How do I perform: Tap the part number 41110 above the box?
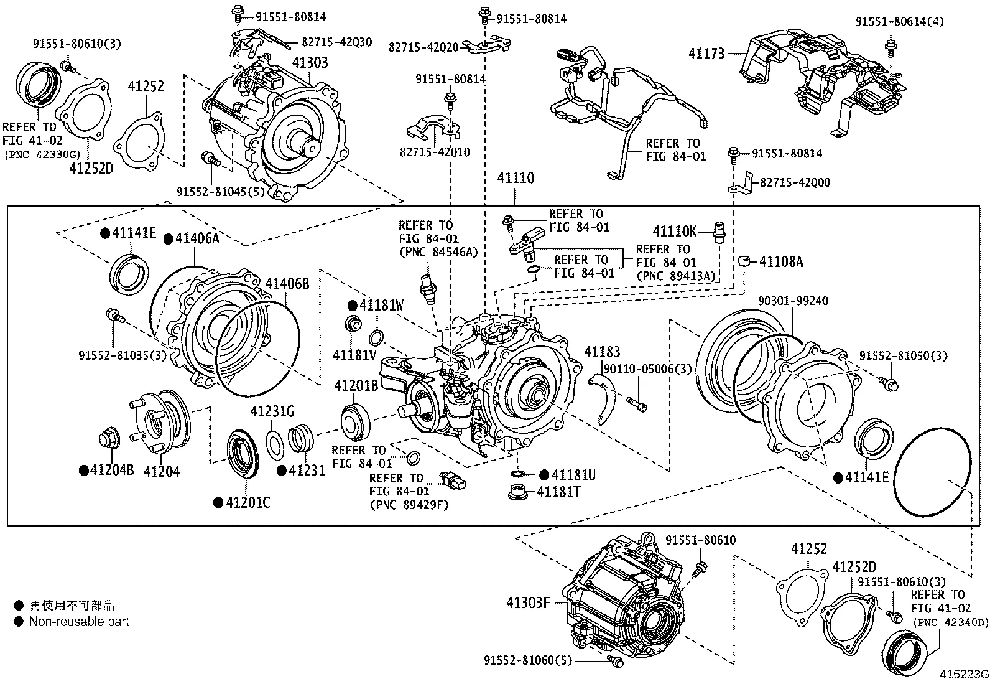pyautogui.click(x=515, y=179)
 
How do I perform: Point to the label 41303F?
pyautogui.click(x=528, y=602)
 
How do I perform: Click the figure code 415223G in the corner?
pyautogui.click(x=963, y=675)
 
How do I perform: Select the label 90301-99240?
pyautogui.click(x=792, y=301)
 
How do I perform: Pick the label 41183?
pyautogui.click(x=601, y=352)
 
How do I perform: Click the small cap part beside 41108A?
pyautogui.click(x=746, y=260)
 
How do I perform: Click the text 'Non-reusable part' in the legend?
pyautogui.click(x=79, y=621)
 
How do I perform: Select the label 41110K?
pyautogui.click(x=675, y=232)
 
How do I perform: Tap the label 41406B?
pyautogui.click(x=287, y=284)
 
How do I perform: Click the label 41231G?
pyautogui.click(x=272, y=411)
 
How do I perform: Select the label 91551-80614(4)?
pyautogui.click(x=899, y=22)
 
